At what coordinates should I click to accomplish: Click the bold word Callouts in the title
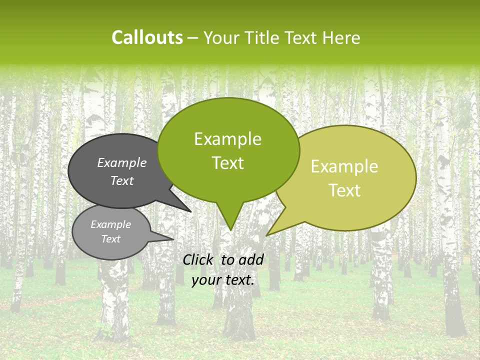pyautogui.click(x=147, y=37)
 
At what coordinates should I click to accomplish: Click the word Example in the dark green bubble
pyautogui.click(x=227, y=139)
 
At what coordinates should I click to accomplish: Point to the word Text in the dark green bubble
pyautogui.click(x=227, y=163)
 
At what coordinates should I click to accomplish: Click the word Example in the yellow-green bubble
pyautogui.click(x=344, y=166)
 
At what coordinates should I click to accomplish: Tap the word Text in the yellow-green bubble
pyautogui.click(x=344, y=190)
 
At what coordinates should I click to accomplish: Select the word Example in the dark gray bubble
pyautogui.click(x=122, y=162)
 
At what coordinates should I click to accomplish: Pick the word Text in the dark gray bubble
pyautogui.click(x=122, y=181)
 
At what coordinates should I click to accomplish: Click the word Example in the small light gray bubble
pyautogui.click(x=110, y=224)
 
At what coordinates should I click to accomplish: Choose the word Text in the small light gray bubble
pyautogui.click(x=110, y=239)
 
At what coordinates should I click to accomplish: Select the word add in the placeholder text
pyautogui.click(x=251, y=259)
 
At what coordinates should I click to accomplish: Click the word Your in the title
pyautogui.click(x=220, y=37)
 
